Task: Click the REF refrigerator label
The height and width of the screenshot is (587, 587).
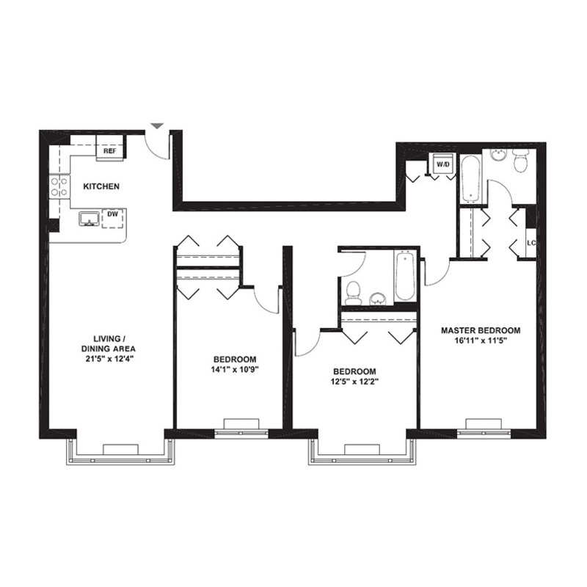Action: coord(110,151)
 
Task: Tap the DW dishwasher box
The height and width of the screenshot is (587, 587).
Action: coord(113,218)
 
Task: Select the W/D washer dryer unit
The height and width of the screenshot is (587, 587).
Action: coord(443,163)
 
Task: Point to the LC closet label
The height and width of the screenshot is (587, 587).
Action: coord(531,243)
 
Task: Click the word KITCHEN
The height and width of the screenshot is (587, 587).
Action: coord(101,186)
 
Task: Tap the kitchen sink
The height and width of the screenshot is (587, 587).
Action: coord(89,219)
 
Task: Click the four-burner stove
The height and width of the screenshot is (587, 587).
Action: coord(59,187)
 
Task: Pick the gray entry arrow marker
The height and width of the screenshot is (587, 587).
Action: coord(157,125)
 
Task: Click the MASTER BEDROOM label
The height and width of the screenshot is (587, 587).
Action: coord(481,331)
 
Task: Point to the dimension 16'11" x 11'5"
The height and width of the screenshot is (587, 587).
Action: coord(481,340)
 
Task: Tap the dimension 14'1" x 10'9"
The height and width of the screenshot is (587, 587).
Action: coord(235,370)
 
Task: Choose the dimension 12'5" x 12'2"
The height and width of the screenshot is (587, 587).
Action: coord(354,382)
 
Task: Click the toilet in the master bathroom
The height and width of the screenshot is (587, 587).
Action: coord(520,160)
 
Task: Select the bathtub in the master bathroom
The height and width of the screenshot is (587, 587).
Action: coord(470,178)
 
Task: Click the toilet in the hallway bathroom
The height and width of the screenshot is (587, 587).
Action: coord(353,293)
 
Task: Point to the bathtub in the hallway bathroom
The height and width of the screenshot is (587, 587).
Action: coord(405,275)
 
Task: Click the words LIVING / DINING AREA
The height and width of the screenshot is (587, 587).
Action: coord(108,343)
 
